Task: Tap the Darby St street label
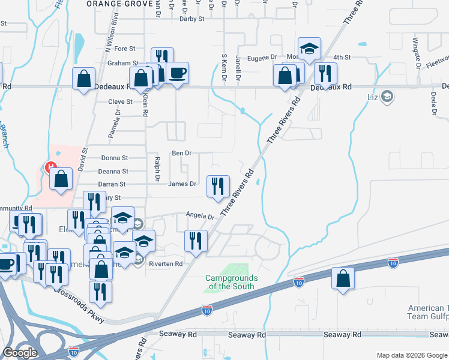tap(192, 19)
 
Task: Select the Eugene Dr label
tap(262, 57)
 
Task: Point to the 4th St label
tap(342, 57)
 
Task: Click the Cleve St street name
tap(120, 102)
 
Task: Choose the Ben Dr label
tap(181, 153)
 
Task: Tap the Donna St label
tap(115, 158)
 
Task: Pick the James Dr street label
tap(182, 184)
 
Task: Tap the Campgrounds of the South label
tap(231, 282)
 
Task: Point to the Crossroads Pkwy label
tap(78, 306)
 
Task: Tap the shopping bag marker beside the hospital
tap(61, 178)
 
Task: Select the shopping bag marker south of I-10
tap(343, 278)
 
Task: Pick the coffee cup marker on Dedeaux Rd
tap(177, 73)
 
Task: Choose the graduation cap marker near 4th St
tap(310, 49)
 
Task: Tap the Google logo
tap(20, 352)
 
